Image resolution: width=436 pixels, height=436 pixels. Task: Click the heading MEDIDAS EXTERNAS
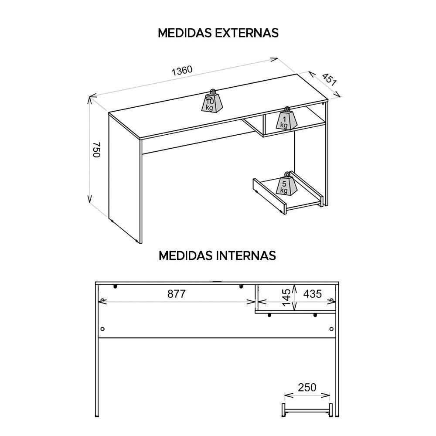coord(218,33)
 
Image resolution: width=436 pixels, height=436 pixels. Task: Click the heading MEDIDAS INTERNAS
coord(217,255)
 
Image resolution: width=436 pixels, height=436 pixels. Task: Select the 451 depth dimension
coord(329,78)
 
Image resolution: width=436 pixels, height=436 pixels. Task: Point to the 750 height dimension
coord(97,150)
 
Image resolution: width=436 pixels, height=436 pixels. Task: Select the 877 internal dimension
coord(177,294)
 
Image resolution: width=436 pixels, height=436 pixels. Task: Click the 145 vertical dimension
coord(286,297)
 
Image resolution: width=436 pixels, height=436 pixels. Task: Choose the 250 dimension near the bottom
coord(307,387)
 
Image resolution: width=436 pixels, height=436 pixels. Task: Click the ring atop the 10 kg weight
coord(213,92)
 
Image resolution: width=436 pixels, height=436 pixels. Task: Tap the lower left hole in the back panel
coord(102,328)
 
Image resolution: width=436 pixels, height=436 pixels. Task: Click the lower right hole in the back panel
coord(331,328)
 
